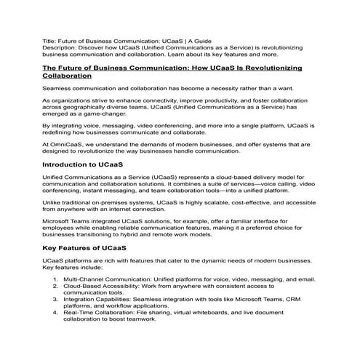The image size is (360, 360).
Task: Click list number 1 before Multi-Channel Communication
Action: (56, 279)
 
